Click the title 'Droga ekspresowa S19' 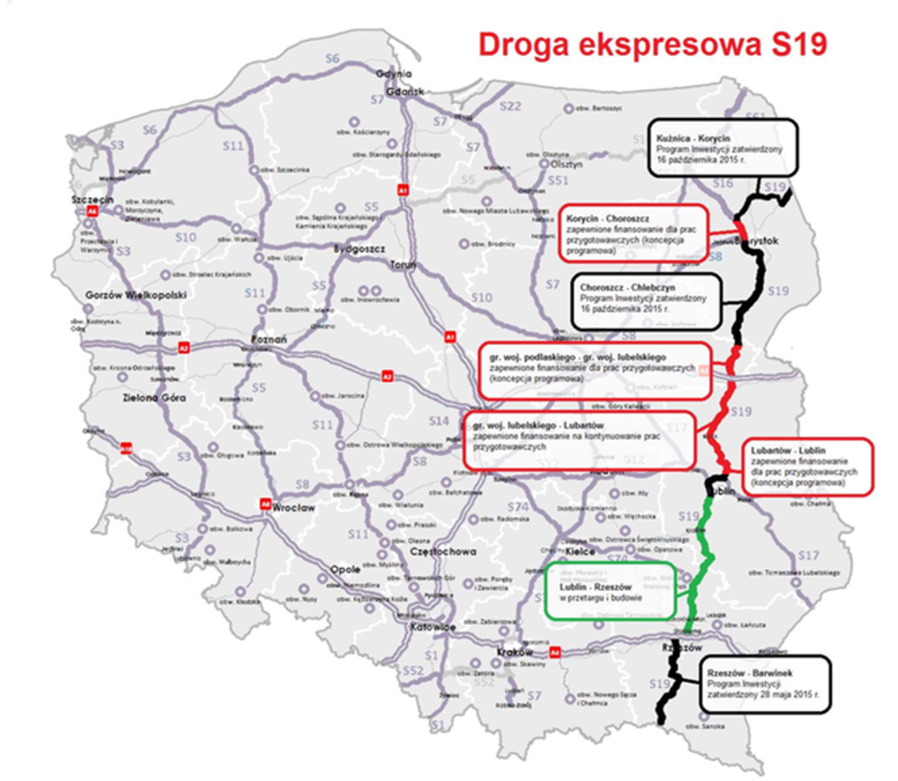[653, 45]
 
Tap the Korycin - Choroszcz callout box [634, 232]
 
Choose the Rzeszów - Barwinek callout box [765, 683]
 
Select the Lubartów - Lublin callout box [807, 467]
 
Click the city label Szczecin [93, 200]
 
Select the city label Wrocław [293, 508]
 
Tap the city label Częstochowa [443, 552]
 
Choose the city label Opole [345, 569]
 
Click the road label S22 [510, 106]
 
